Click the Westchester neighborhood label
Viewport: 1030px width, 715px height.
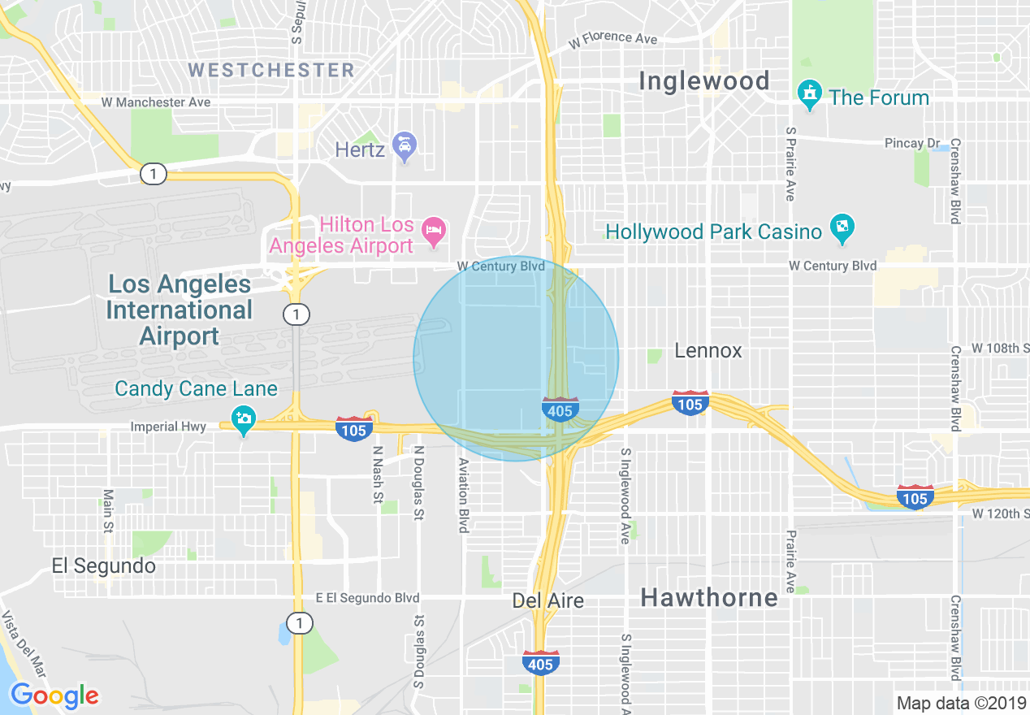click(271, 70)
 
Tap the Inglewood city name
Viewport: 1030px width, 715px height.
click(703, 81)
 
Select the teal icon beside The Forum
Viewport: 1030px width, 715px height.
click(809, 96)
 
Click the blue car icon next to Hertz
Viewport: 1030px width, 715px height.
click(404, 147)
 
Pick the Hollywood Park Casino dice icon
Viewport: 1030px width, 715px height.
click(842, 230)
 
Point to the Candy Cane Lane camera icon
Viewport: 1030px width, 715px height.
click(243, 419)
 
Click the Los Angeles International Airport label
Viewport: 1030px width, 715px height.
click(180, 310)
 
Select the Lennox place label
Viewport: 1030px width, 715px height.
click(708, 351)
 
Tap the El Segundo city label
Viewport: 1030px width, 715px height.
click(103, 565)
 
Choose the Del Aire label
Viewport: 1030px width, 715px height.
click(547, 600)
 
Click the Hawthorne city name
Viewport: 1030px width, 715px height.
click(709, 598)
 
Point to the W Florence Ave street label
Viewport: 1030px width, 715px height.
click(612, 39)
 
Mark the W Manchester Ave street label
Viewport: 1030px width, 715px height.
click(156, 102)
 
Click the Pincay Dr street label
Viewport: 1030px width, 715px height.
click(911, 143)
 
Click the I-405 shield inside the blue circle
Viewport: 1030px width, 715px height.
click(560, 409)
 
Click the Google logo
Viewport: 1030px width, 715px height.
click(54, 696)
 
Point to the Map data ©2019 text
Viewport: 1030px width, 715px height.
click(960, 703)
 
